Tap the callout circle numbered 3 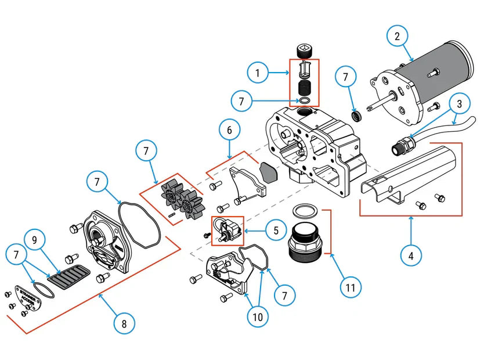459,105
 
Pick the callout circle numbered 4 412,256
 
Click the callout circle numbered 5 276,231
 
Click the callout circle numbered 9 35,240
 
